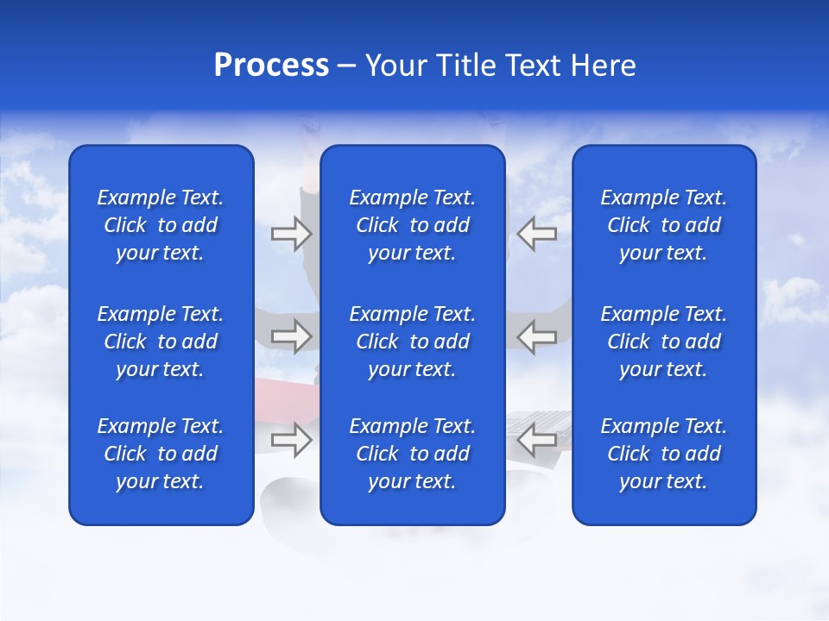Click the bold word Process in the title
[271, 66]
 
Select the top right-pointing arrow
[291, 233]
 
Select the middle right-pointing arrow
[291, 336]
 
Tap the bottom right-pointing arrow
[291, 440]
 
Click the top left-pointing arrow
[537, 233]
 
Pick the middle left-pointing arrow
[537, 336]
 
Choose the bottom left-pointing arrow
[537, 440]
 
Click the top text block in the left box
[161, 225]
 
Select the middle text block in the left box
[161, 342]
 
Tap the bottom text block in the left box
[161, 454]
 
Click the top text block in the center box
[413, 225]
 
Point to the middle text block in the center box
[413, 342]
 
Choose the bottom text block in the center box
[413, 454]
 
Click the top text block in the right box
[664, 225]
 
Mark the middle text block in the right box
[664, 342]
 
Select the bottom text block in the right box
[664, 454]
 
